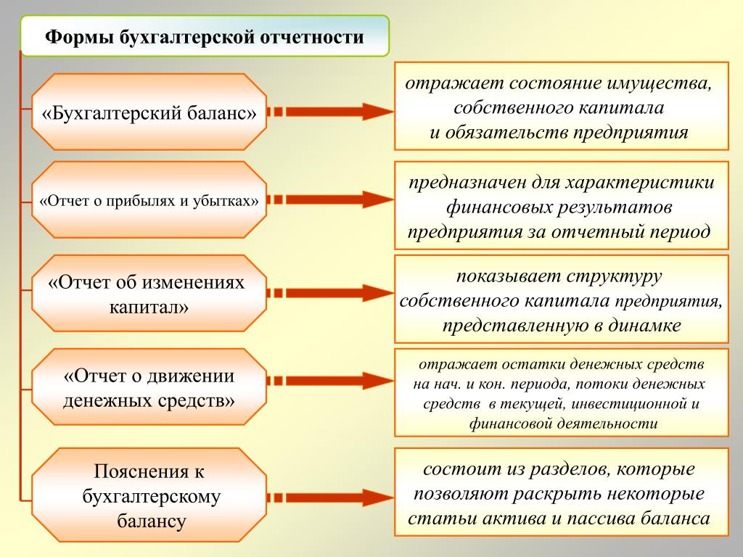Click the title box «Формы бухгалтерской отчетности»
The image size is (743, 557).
point(205,36)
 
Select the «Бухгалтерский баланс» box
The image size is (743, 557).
point(149,112)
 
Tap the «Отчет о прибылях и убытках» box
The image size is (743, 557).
point(149,199)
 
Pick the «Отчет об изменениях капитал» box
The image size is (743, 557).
point(149,293)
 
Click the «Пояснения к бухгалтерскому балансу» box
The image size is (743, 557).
point(149,496)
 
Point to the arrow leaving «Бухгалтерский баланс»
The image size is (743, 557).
point(330,112)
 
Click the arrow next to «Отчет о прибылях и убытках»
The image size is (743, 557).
point(330,199)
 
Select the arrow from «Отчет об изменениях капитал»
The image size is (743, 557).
point(330,293)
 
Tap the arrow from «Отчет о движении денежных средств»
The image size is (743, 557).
point(330,381)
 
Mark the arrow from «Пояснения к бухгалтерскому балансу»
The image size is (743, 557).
point(330,497)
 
